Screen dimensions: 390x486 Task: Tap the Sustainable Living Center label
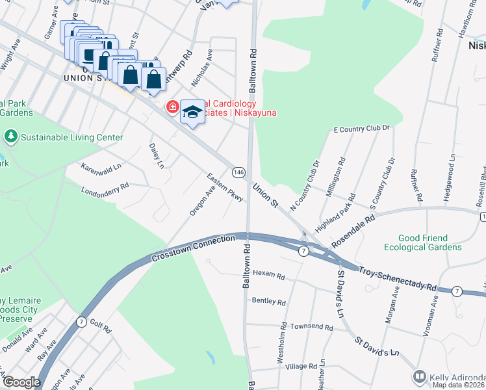pos(71,137)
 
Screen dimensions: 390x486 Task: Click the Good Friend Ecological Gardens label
pos(422,242)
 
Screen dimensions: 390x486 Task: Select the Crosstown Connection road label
pos(193,249)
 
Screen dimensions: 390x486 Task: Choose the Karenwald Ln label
pos(101,167)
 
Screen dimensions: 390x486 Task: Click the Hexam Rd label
pos(269,275)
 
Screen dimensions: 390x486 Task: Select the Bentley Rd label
pos(269,302)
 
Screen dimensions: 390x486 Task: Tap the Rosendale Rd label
pos(354,230)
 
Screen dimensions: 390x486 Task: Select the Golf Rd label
pos(101,326)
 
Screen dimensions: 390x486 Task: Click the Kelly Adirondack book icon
pos(420,376)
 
